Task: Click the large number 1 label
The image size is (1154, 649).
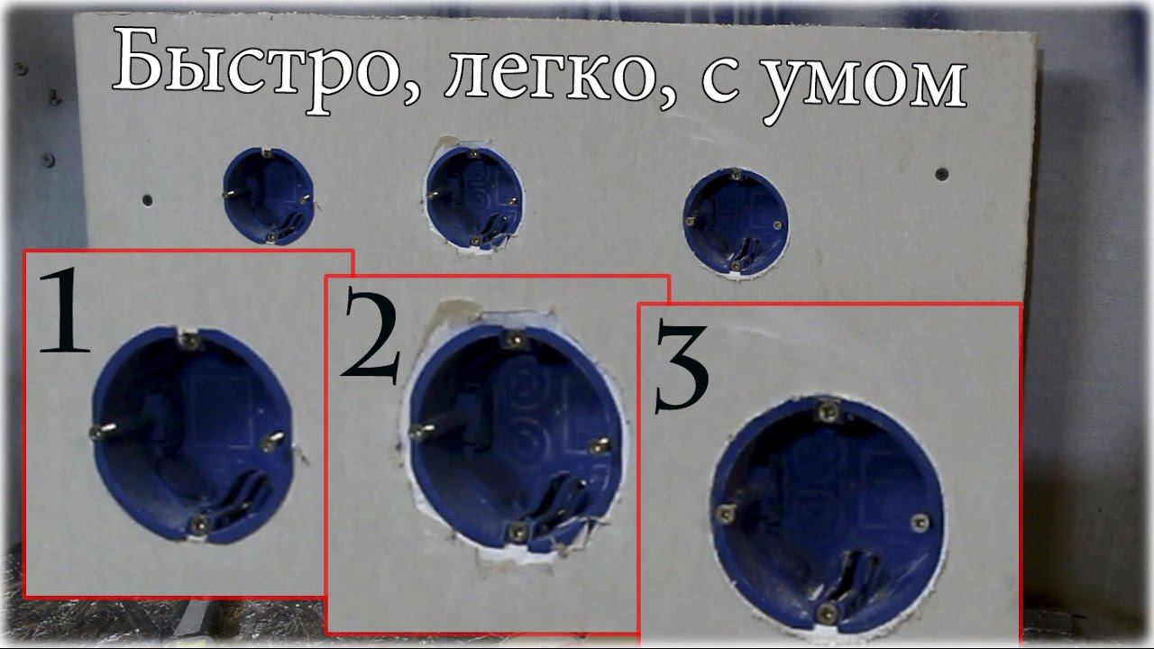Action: pyautogui.click(x=65, y=311)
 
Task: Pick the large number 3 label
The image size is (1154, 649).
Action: pyautogui.click(x=682, y=367)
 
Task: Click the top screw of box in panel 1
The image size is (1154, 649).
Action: pyautogui.click(x=188, y=340)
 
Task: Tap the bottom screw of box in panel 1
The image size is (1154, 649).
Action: pyautogui.click(x=199, y=525)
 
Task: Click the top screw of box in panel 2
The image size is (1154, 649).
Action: pyautogui.click(x=514, y=340)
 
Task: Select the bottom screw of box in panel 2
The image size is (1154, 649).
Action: pyautogui.click(x=517, y=532)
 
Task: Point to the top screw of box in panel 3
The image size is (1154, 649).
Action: pyautogui.click(x=828, y=411)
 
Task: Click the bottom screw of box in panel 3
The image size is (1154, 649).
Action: pyautogui.click(x=828, y=612)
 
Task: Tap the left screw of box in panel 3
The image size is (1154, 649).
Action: pyautogui.click(x=725, y=514)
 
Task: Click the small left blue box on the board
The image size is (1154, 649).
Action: pyautogui.click(x=268, y=196)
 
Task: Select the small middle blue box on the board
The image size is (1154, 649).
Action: pyautogui.click(x=474, y=197)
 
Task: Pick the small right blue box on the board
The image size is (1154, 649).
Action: pyautogui.click(x=736, y=220)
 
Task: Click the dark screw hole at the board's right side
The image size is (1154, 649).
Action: pyautogui.click(x=942, y=174)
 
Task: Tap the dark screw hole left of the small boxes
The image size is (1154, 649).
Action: pyautogui.click(x=148, y=200)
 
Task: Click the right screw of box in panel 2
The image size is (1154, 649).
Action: pyautogui.click(x=599, y=446)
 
